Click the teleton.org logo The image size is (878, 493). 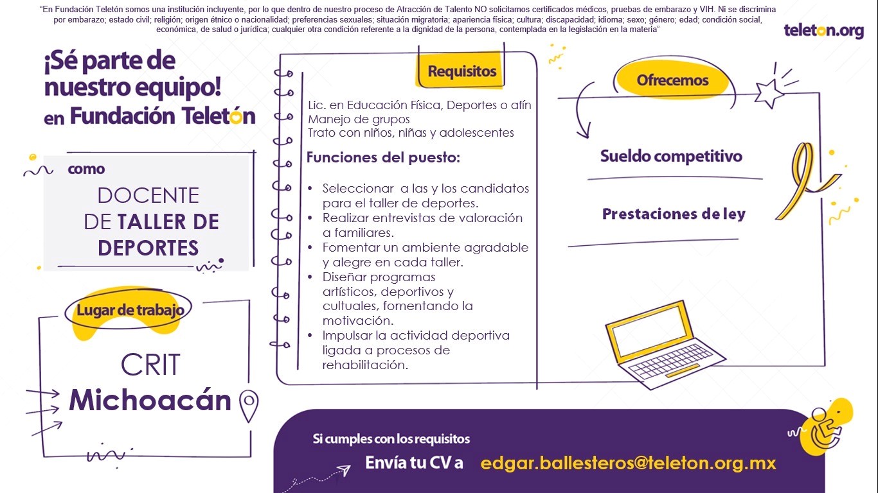pos(823,31)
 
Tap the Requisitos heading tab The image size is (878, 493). pos(461,71)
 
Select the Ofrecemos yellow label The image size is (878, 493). pos(672,80)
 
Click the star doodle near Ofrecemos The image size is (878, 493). pos(769,94)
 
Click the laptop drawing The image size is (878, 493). pos(665,345)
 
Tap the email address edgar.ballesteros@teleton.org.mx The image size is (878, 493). pos(628,463)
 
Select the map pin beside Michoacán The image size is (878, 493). pos(249,405)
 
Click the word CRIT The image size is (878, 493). pos(150,365)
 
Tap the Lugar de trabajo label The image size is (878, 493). pos(130,310)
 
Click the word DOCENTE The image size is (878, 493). pos(148,195)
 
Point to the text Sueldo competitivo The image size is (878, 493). pos(671,156)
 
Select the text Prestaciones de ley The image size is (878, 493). pos(674,214)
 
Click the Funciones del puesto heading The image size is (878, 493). pos(383,157)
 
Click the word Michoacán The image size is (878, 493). pos(150,400)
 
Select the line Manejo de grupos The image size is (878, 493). pos(359,119)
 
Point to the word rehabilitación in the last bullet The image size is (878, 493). pos(365,365)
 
